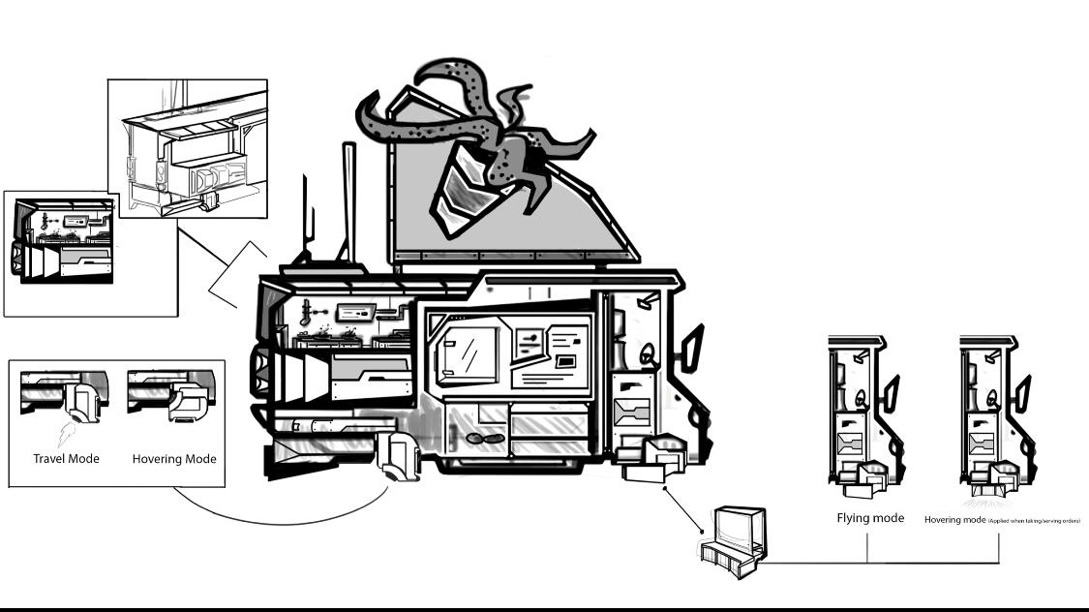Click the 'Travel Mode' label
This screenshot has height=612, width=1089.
(67, 458)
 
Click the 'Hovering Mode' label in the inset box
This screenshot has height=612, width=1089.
(174, 458)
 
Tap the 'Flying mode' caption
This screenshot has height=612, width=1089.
(870, 518)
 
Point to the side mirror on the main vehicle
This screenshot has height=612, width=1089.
(693, 350)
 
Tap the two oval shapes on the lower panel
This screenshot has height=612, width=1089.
(484, 439)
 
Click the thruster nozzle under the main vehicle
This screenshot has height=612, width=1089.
(399, 459)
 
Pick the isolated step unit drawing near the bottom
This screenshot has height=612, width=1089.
(732, 543)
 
